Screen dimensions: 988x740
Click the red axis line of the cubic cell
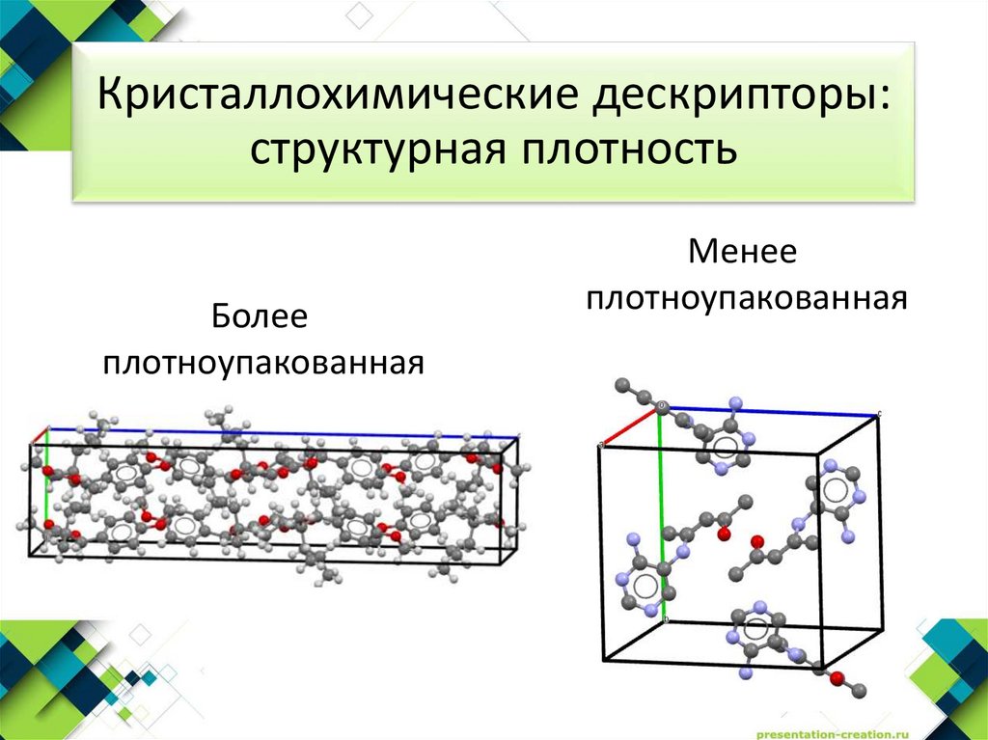pos(629,426)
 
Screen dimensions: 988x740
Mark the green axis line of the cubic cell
pos(661,482)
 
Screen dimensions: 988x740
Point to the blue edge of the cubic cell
pos(772,411)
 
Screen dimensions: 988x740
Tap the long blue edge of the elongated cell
pos(280,431)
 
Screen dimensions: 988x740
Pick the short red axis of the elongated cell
pos(39,435)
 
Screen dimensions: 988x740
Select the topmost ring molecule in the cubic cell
pos(722,443)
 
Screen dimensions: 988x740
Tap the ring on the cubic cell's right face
pos(836,492)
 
